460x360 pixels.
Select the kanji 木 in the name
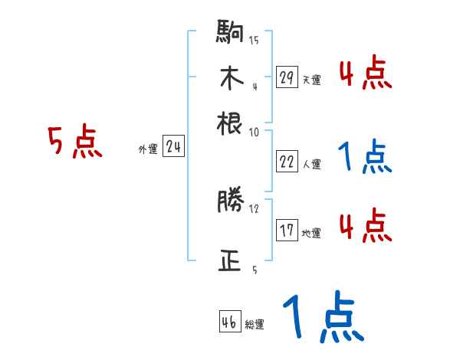(x=230, y=79)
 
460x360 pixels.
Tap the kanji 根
(x=230, y=123)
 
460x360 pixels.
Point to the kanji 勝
(x=230, y=202)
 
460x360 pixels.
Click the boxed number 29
(x=287, y=78)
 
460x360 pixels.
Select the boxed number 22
(x=287, y=162)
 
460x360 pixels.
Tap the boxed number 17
(x=287, y=231)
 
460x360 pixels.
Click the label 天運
(x=311, y=80)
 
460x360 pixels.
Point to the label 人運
(x=311, y=164)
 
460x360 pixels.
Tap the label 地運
(x=311, y=233)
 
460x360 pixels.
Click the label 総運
(x=255, y=324)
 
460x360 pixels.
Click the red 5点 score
(x=74, y=143)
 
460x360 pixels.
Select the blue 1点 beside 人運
(x=364, y=157)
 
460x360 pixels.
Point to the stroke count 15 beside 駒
(x=254, y=40)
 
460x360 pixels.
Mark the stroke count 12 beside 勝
(x=255, y=207)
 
